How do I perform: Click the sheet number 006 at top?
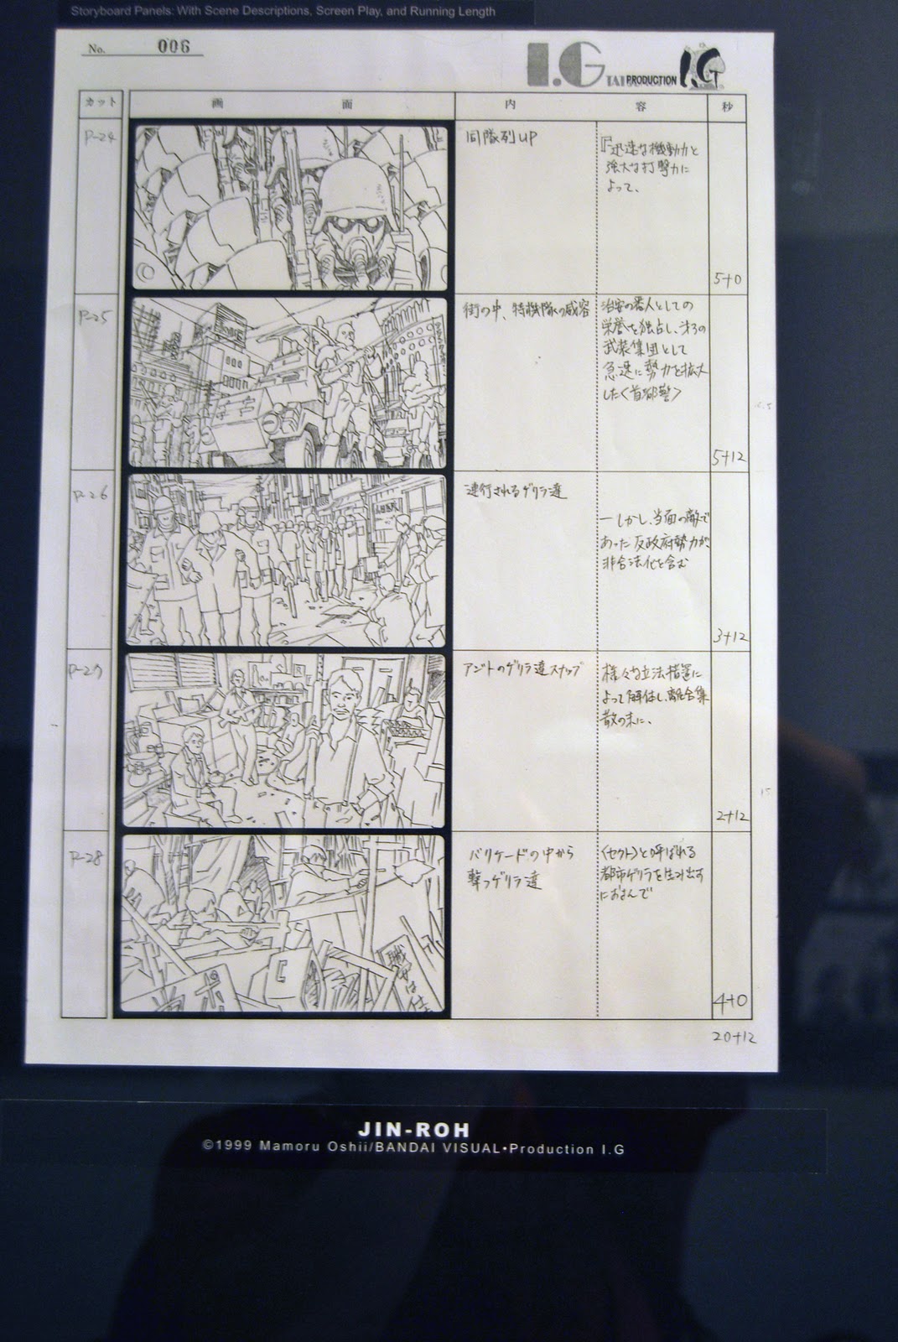tap(174, 46)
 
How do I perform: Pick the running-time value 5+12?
tap(728, 457)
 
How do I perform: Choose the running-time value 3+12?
tap(728, 635)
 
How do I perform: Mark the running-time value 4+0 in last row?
tap(729, 1000)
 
